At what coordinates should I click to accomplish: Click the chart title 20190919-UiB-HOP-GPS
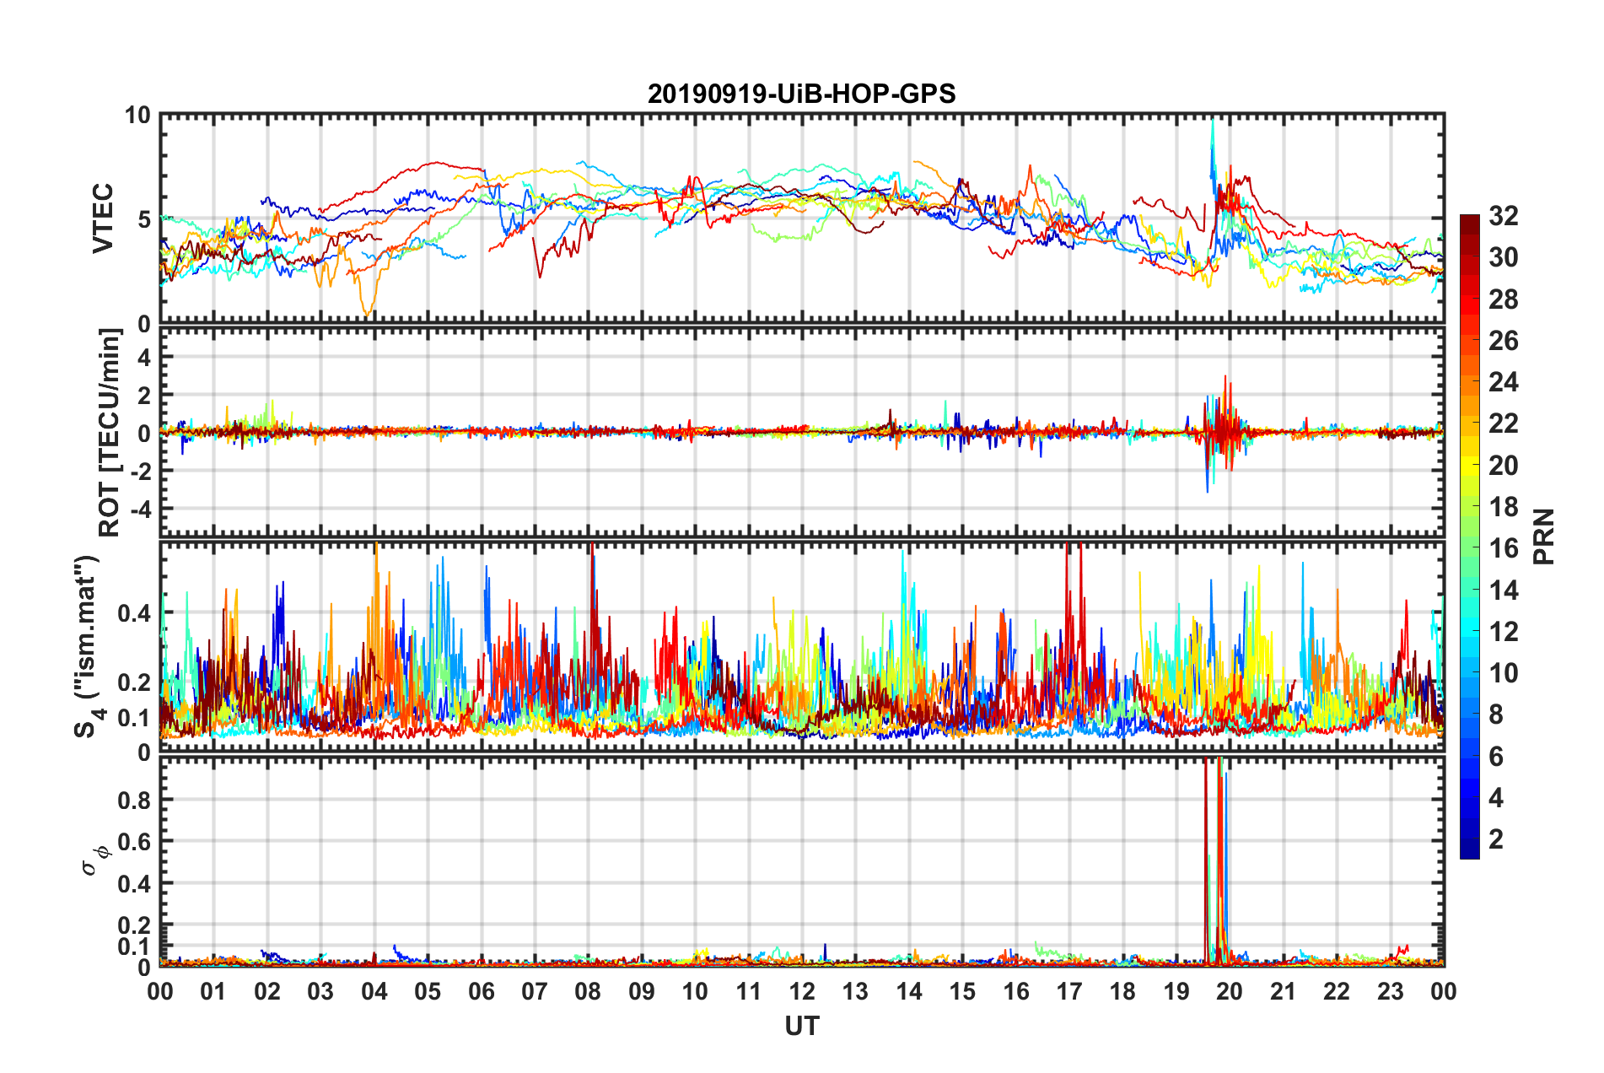tap(801, 94)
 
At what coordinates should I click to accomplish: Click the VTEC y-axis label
tap(103, 219)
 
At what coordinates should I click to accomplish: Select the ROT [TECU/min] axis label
tap(110, 433)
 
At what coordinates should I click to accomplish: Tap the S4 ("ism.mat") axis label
tap(87, 647)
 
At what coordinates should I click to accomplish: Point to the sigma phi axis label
tap(95, 860)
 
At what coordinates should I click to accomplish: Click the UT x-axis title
tap(801, 1026)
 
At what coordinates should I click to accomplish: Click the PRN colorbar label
tap(1544, 536)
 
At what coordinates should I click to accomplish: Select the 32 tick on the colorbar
tap(1503, 216)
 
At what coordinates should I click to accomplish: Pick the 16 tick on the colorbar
tap(1503, 548)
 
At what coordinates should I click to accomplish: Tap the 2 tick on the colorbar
tap(1496, 839)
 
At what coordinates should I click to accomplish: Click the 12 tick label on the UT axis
tap(801, 991)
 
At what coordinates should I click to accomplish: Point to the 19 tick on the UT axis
tap(1176, 991)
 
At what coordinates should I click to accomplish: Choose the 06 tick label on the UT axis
tap(481, 991)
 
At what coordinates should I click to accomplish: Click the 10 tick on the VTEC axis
tap(138, 116)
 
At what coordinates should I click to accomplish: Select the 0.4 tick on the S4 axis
tap(134, 612)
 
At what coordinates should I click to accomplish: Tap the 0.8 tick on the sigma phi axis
tap(134, 800)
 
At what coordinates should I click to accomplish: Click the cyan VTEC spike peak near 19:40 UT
tap(1213, 121)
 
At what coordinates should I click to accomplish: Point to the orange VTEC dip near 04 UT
tap(367, 314)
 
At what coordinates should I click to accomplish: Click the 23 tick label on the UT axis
tap(1390, 991)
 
